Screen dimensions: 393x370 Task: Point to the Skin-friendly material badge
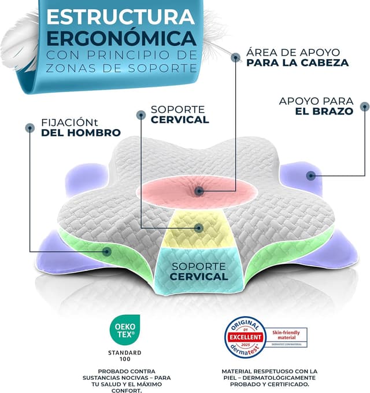[x=286, y=336]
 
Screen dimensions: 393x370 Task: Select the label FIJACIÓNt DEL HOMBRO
[x=80, y=127]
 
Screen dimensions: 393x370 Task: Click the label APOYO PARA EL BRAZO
[x=316, y=106]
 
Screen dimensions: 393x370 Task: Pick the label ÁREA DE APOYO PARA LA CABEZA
[x=297, y=56]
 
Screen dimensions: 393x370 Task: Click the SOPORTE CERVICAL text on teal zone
[x=199, y=271]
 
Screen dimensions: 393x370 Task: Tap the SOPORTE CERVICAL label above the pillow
[x=179, y=115]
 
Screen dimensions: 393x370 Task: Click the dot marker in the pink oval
[x=198, y=190]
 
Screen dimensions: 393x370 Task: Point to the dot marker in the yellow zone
[x=198, y=227]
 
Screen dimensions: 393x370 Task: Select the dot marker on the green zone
[x=107, y=251]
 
